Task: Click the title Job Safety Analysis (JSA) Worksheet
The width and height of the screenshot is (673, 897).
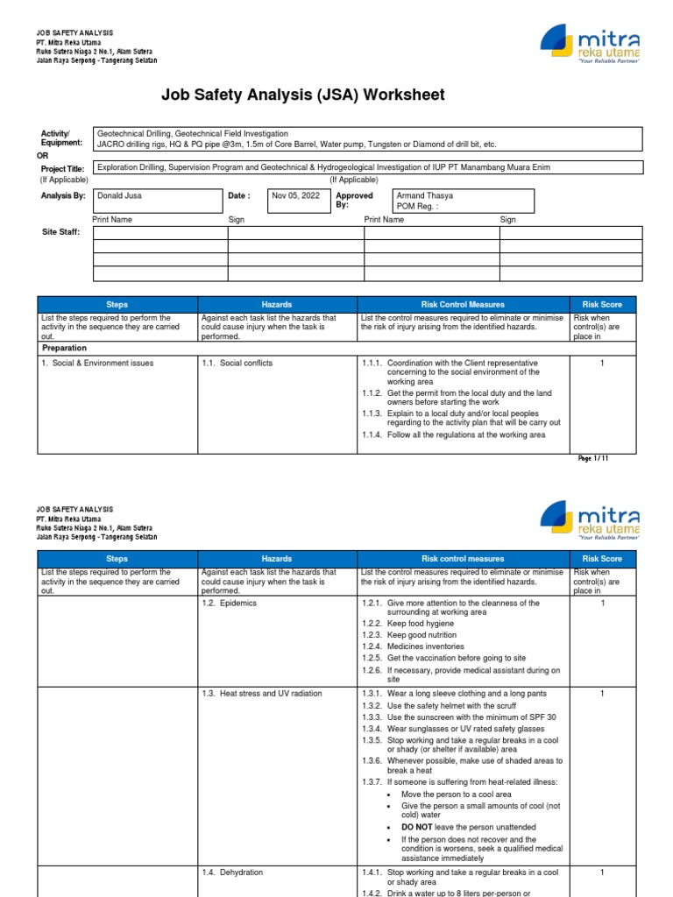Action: click(302, 95)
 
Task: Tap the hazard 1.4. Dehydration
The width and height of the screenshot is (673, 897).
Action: click(232, 872)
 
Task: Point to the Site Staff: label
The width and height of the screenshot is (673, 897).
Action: click(61, 232)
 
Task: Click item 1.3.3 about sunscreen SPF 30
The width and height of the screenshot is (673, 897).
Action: click(458, 717)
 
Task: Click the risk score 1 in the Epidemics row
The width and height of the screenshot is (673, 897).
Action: click(602, 604)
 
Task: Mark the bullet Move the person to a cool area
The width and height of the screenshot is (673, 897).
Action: click(451, 794)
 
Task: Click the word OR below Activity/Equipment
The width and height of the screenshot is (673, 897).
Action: click(43, 155)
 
